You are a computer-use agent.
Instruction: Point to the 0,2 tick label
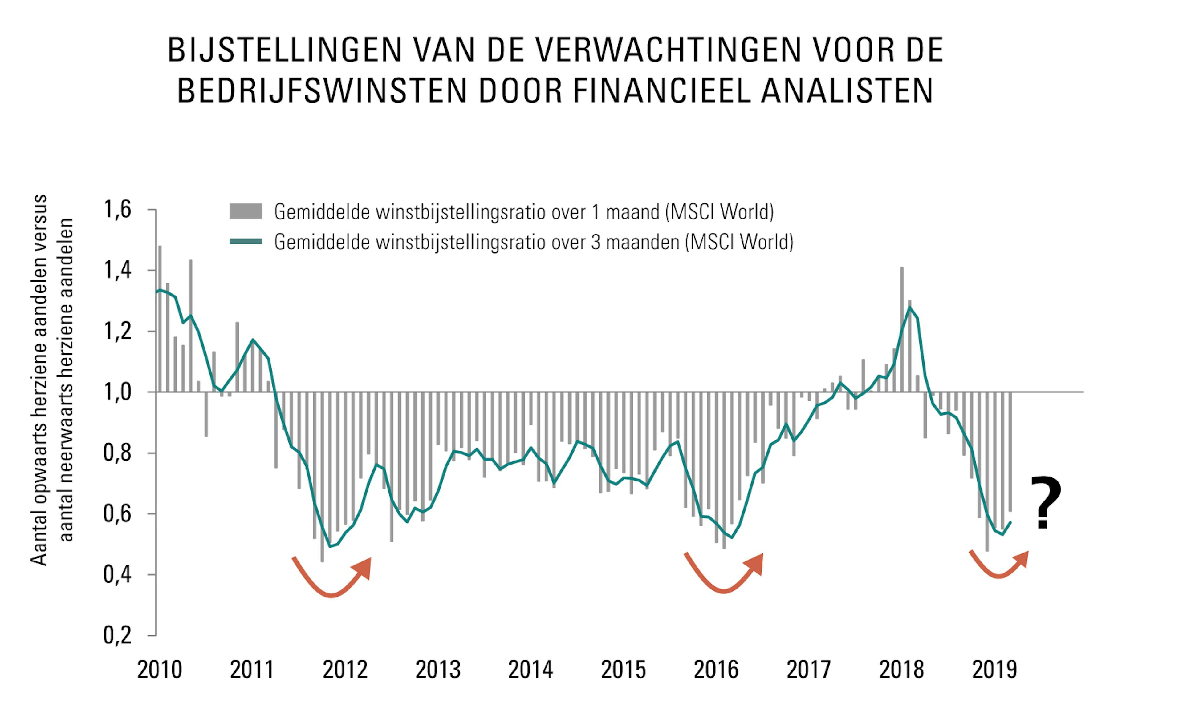pos(117,635)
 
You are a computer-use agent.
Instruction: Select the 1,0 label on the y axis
pos(117,392)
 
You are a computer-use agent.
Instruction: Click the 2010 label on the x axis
pos(160,670)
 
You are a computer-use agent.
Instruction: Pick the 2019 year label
pos(994,670)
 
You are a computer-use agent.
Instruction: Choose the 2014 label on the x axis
pos(531,670)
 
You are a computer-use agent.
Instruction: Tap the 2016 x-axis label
pos(716,670)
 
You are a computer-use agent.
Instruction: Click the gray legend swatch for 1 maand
pos(246,211)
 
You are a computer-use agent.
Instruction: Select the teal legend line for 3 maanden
pos(246,241)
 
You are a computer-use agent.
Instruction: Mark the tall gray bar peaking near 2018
pos(902,329)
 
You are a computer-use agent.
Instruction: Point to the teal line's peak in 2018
pos(910,308)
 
